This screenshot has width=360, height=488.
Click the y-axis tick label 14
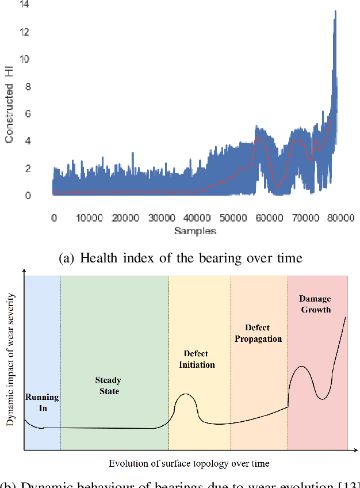[x=25, y=5]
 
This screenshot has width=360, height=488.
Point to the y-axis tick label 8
[x=27, y=86]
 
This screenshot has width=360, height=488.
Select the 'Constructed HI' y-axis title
[x=9, y=113]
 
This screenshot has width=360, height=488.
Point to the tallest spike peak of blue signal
[x=335, y=12]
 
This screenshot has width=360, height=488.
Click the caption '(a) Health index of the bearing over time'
[x=180, y=258]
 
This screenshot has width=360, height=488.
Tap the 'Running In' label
[x=42, y=402]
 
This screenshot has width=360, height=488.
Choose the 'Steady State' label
[x=108, y=386]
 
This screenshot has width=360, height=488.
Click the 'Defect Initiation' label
[x=196, y=359]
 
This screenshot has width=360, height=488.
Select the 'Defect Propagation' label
[x=258, y=333]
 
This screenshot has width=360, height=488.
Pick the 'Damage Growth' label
[x=315, y=304]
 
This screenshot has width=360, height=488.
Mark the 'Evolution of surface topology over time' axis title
[x=189, y=463]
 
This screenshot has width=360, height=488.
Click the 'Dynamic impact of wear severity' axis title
[x=10, y=360]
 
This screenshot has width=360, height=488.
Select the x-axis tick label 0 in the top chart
[x=53, y=219]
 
